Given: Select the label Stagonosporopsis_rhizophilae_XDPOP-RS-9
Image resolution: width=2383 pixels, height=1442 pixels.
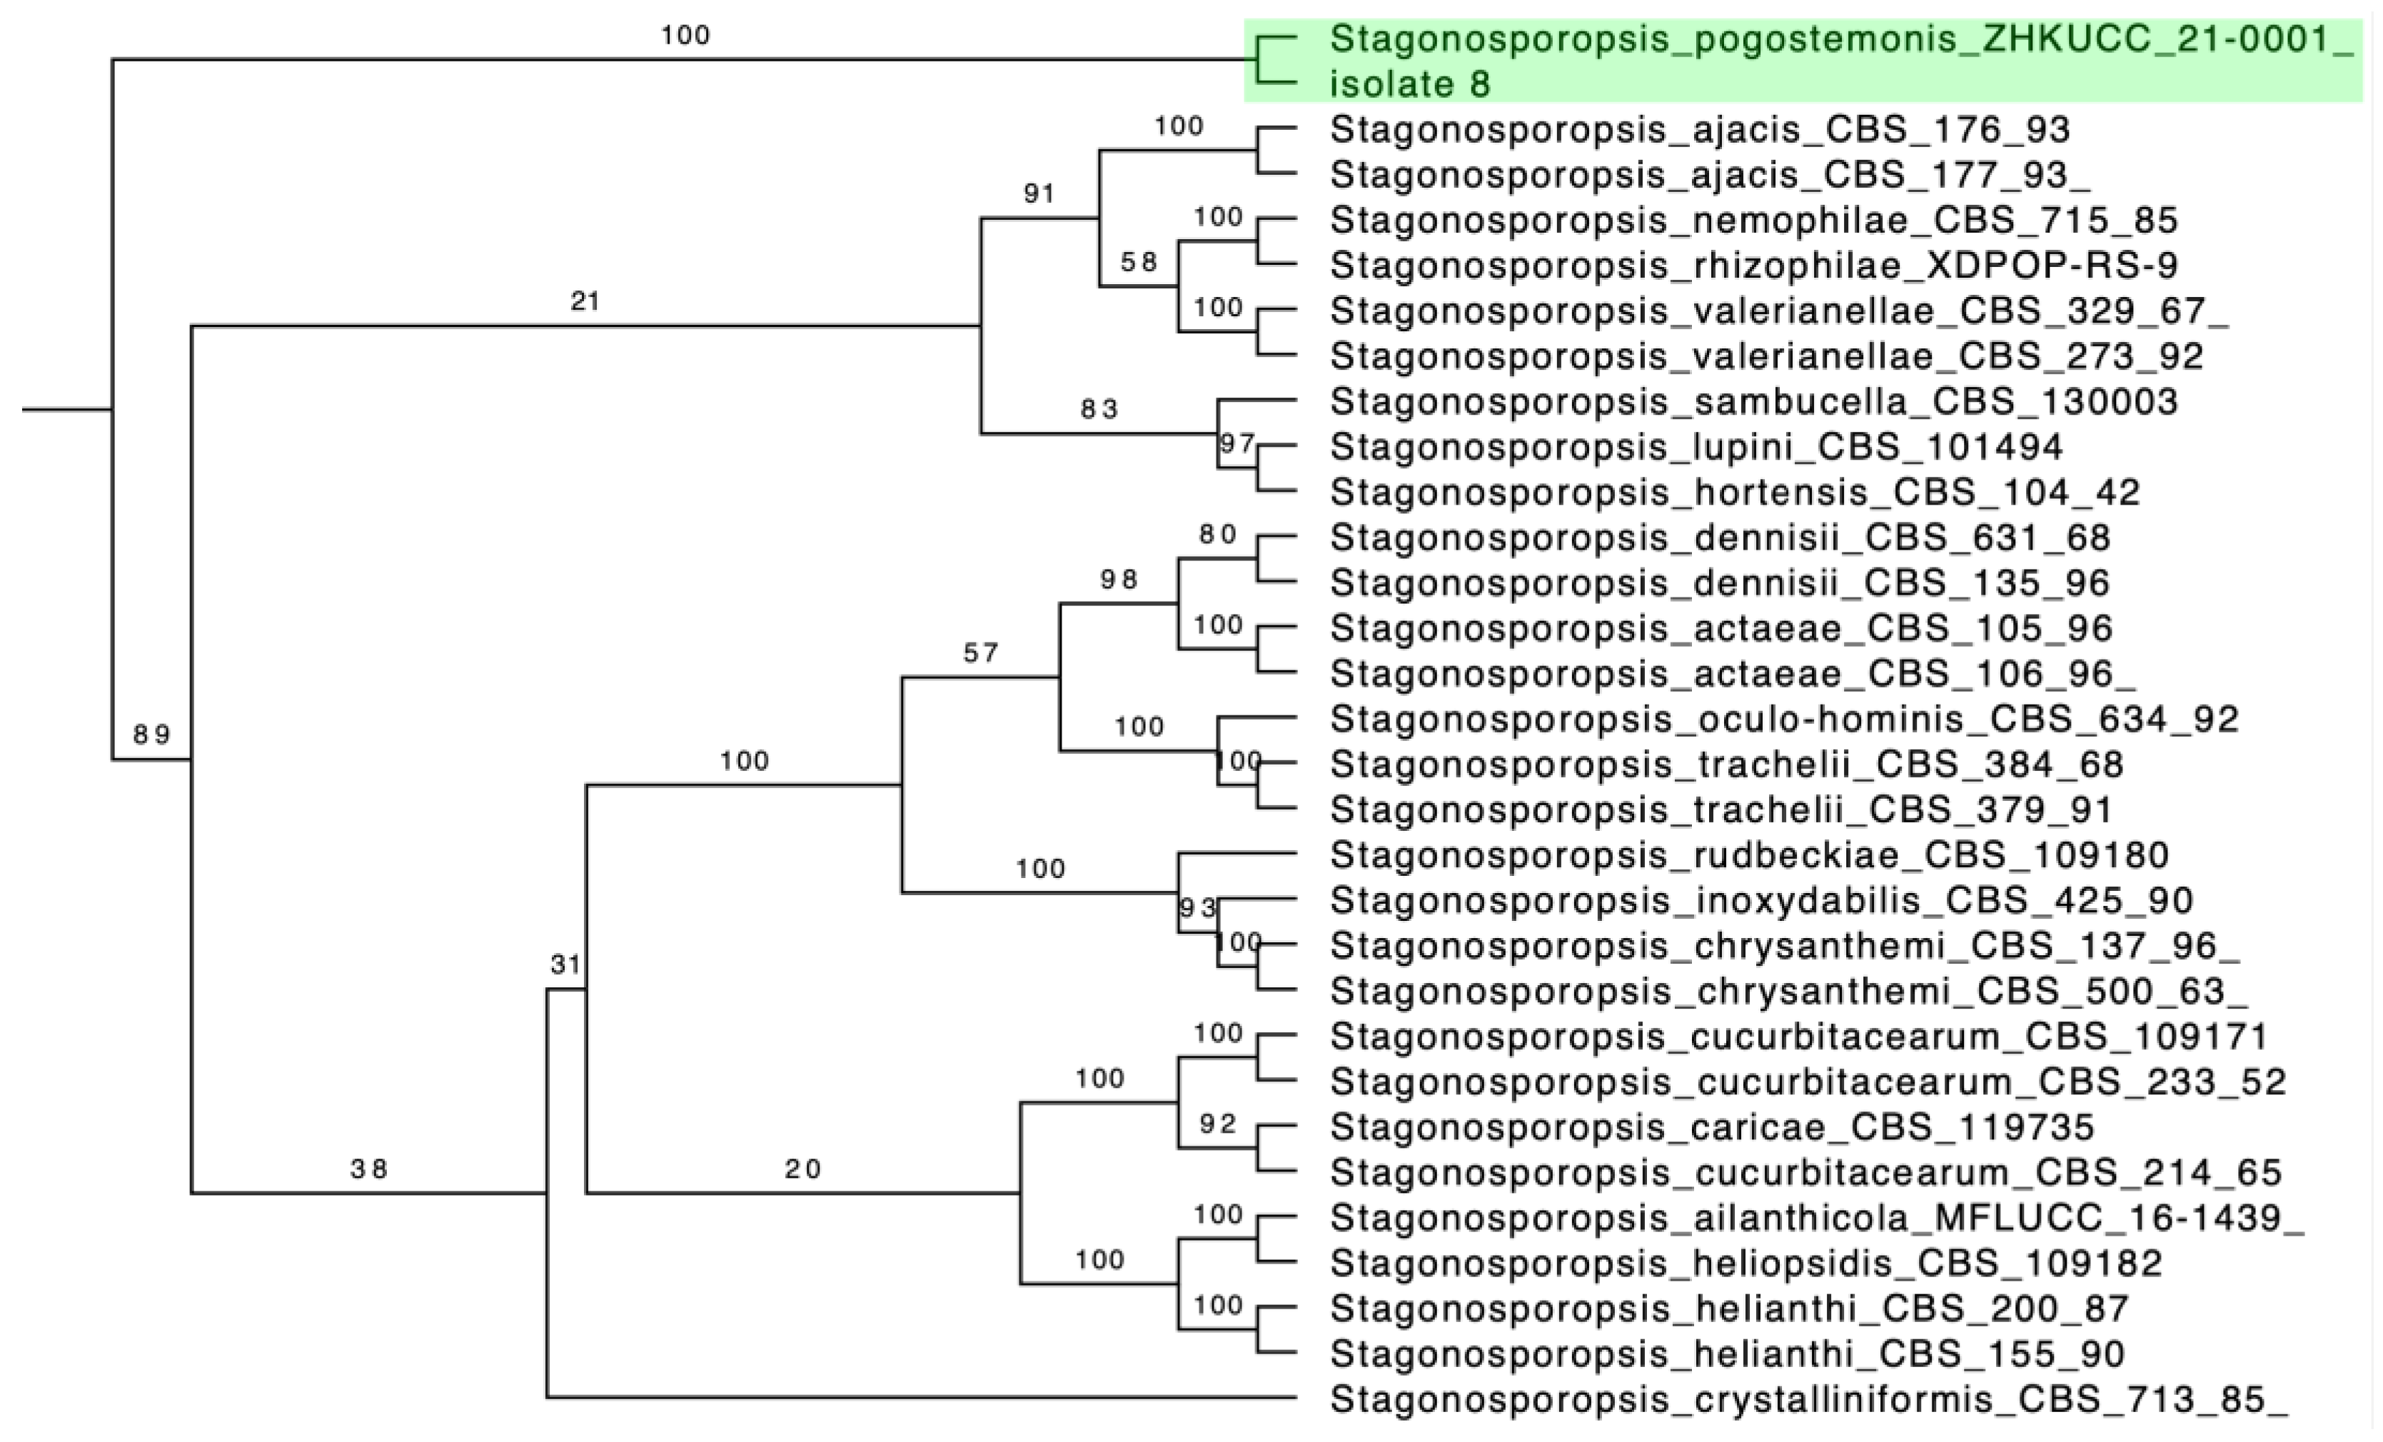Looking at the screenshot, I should [x=1753, y=265].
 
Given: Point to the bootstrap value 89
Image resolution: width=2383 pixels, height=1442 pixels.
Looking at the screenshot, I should [x=152, y=735].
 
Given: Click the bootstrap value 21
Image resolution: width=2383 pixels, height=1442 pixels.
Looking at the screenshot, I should [x=585, y=302].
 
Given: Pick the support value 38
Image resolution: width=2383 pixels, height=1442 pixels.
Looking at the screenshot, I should [x=368, y=1169].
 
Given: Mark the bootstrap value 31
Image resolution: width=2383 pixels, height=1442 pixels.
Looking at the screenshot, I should [x=566, y=964].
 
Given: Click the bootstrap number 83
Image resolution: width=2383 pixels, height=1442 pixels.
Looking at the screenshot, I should [x=1099, y=409].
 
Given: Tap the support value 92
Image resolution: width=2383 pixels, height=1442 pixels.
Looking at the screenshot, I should [x=1218, y=1123].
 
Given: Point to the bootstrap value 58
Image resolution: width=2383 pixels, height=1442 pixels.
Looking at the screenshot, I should [x=1138, y=261].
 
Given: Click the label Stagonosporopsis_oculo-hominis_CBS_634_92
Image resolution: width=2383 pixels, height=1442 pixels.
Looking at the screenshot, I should [x=1784, y=719].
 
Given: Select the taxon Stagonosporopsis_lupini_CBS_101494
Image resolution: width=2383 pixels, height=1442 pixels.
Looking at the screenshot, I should [x=1696, y=447].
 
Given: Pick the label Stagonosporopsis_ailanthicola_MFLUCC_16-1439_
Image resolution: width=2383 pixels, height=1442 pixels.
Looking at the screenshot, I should [x=1817, y=1218].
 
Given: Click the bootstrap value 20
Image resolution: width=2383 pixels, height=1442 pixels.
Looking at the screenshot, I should [x=802, y=1169].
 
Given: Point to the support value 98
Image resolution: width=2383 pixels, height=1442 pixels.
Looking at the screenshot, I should [x=1118, y=580].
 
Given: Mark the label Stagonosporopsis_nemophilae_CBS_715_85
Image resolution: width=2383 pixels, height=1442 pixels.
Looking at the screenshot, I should [x=1753, y=221].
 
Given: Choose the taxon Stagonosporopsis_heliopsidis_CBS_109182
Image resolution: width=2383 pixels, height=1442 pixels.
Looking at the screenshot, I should [x=1745, y=1263].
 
